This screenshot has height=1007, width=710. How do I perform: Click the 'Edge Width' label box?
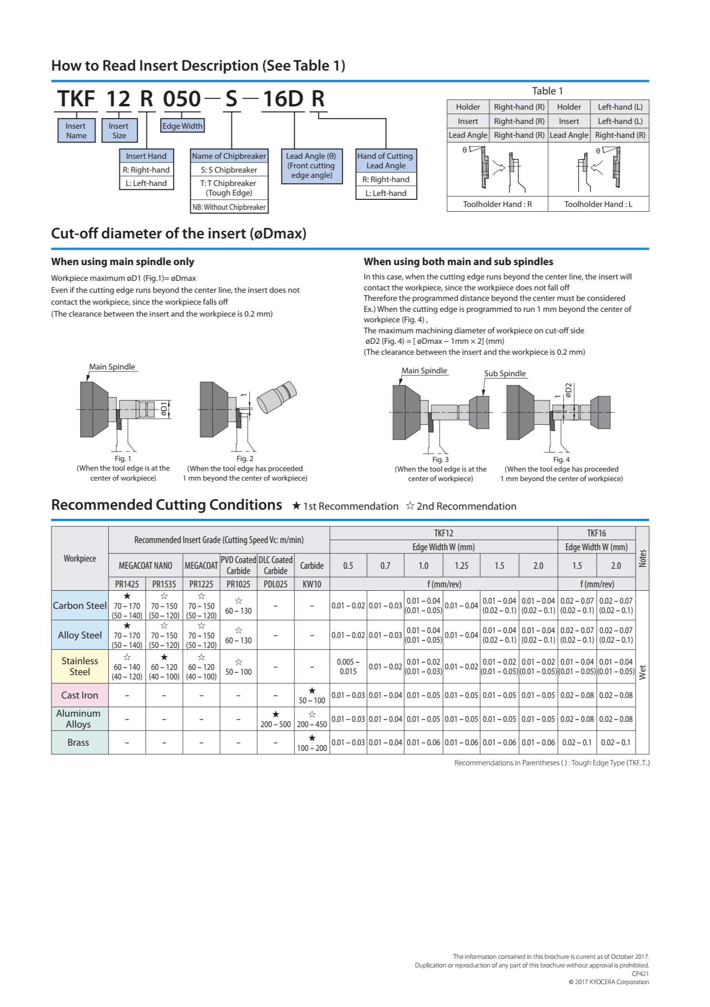coord(182,126)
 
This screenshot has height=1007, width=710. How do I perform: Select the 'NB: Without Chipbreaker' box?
coord(229,207)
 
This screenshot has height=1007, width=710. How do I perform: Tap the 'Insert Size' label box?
coord(119,131)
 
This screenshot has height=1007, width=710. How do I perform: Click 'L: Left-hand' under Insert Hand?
coord(146,183)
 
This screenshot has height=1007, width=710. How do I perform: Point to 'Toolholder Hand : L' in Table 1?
coord(598,204)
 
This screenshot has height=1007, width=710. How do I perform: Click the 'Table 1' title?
coord(547,91)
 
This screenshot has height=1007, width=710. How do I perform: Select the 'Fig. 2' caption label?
coord(245,459)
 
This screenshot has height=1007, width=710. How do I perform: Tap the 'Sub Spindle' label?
coord(504,373)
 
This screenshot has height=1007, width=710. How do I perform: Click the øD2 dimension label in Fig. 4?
coord(568,390)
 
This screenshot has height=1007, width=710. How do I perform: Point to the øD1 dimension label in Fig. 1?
coord(164,409)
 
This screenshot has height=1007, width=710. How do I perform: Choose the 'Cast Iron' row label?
coord(80,695)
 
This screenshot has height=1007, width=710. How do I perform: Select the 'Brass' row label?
coord(78,742)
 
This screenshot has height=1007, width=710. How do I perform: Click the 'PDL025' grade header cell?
coord(275,584)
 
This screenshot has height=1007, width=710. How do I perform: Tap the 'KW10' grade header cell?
coord(312,584)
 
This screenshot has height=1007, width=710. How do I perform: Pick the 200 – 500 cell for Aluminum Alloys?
coord(275,724)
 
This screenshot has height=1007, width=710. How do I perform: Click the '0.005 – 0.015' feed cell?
coord(348,667)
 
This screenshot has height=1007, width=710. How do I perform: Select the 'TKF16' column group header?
coord(596,533)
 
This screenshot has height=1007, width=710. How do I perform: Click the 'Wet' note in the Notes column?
coord(642,672)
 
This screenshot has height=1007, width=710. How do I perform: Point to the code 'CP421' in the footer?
coord(640,974)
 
